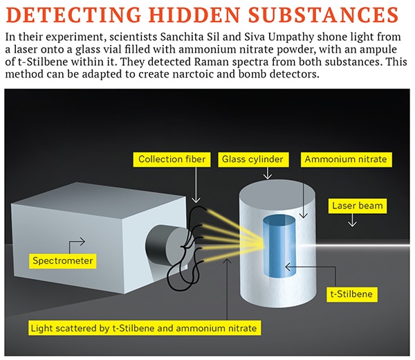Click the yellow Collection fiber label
[x=172, y=159]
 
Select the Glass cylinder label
[x=253, y=159]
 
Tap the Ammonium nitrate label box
[x=347, y=159]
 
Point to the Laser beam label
[x=358, y=206]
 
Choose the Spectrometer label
[x=63, y=261]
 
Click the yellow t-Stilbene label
[x=352, y=294]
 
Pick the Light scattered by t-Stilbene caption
[x=145, y=328]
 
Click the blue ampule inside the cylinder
[x=279, y=246]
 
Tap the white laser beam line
[x=355, y=246]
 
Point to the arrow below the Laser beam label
[x=352, y=220]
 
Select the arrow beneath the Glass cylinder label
[x=268, y=173]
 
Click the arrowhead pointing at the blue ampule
[x=288, y=267]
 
